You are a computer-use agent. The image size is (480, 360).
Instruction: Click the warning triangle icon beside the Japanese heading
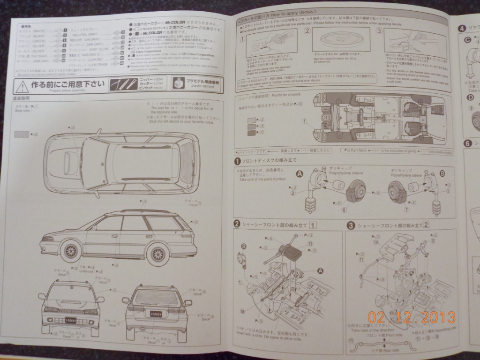22,86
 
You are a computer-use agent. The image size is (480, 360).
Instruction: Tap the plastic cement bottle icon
179,83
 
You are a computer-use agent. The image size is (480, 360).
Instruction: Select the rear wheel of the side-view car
158,254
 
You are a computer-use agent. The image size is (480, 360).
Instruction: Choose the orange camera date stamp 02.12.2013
412,318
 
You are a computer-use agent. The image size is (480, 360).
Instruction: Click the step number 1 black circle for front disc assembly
238,161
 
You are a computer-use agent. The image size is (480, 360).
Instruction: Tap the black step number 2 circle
238,226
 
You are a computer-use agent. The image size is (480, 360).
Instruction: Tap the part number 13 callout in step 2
310,244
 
